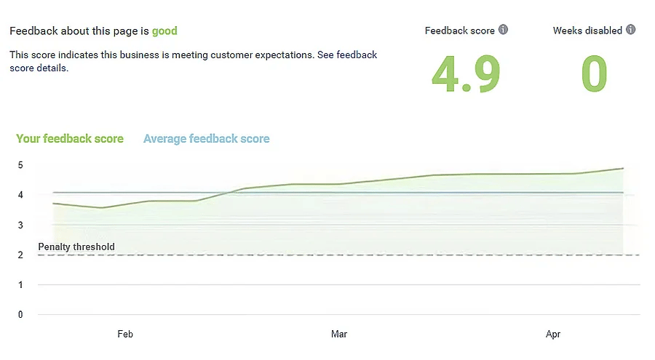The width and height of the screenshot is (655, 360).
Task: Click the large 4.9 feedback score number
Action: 466,74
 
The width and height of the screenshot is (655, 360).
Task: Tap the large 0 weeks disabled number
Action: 594,74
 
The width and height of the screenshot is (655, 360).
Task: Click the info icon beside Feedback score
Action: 503,31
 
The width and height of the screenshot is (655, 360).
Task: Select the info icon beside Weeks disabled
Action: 631,31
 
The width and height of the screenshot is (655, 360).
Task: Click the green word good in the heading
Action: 164,31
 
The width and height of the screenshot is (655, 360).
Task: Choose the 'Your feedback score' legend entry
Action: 70,139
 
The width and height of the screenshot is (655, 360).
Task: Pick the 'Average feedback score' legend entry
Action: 206,139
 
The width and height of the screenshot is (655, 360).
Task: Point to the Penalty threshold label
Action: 76,247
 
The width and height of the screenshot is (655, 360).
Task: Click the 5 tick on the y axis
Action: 20,165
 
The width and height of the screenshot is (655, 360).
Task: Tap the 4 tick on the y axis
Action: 20,195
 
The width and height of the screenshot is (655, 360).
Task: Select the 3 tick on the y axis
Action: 20,225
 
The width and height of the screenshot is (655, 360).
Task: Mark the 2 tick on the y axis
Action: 20,255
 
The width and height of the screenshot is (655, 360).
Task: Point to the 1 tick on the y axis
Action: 20,285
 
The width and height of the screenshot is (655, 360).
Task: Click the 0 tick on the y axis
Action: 20,315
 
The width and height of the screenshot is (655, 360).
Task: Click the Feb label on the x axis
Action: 125,335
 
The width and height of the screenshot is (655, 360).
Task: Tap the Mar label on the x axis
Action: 339,335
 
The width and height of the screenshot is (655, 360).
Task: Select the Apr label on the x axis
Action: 553,335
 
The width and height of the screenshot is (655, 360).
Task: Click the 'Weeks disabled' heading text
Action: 587,31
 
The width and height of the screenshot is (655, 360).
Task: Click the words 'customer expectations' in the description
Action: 266,55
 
